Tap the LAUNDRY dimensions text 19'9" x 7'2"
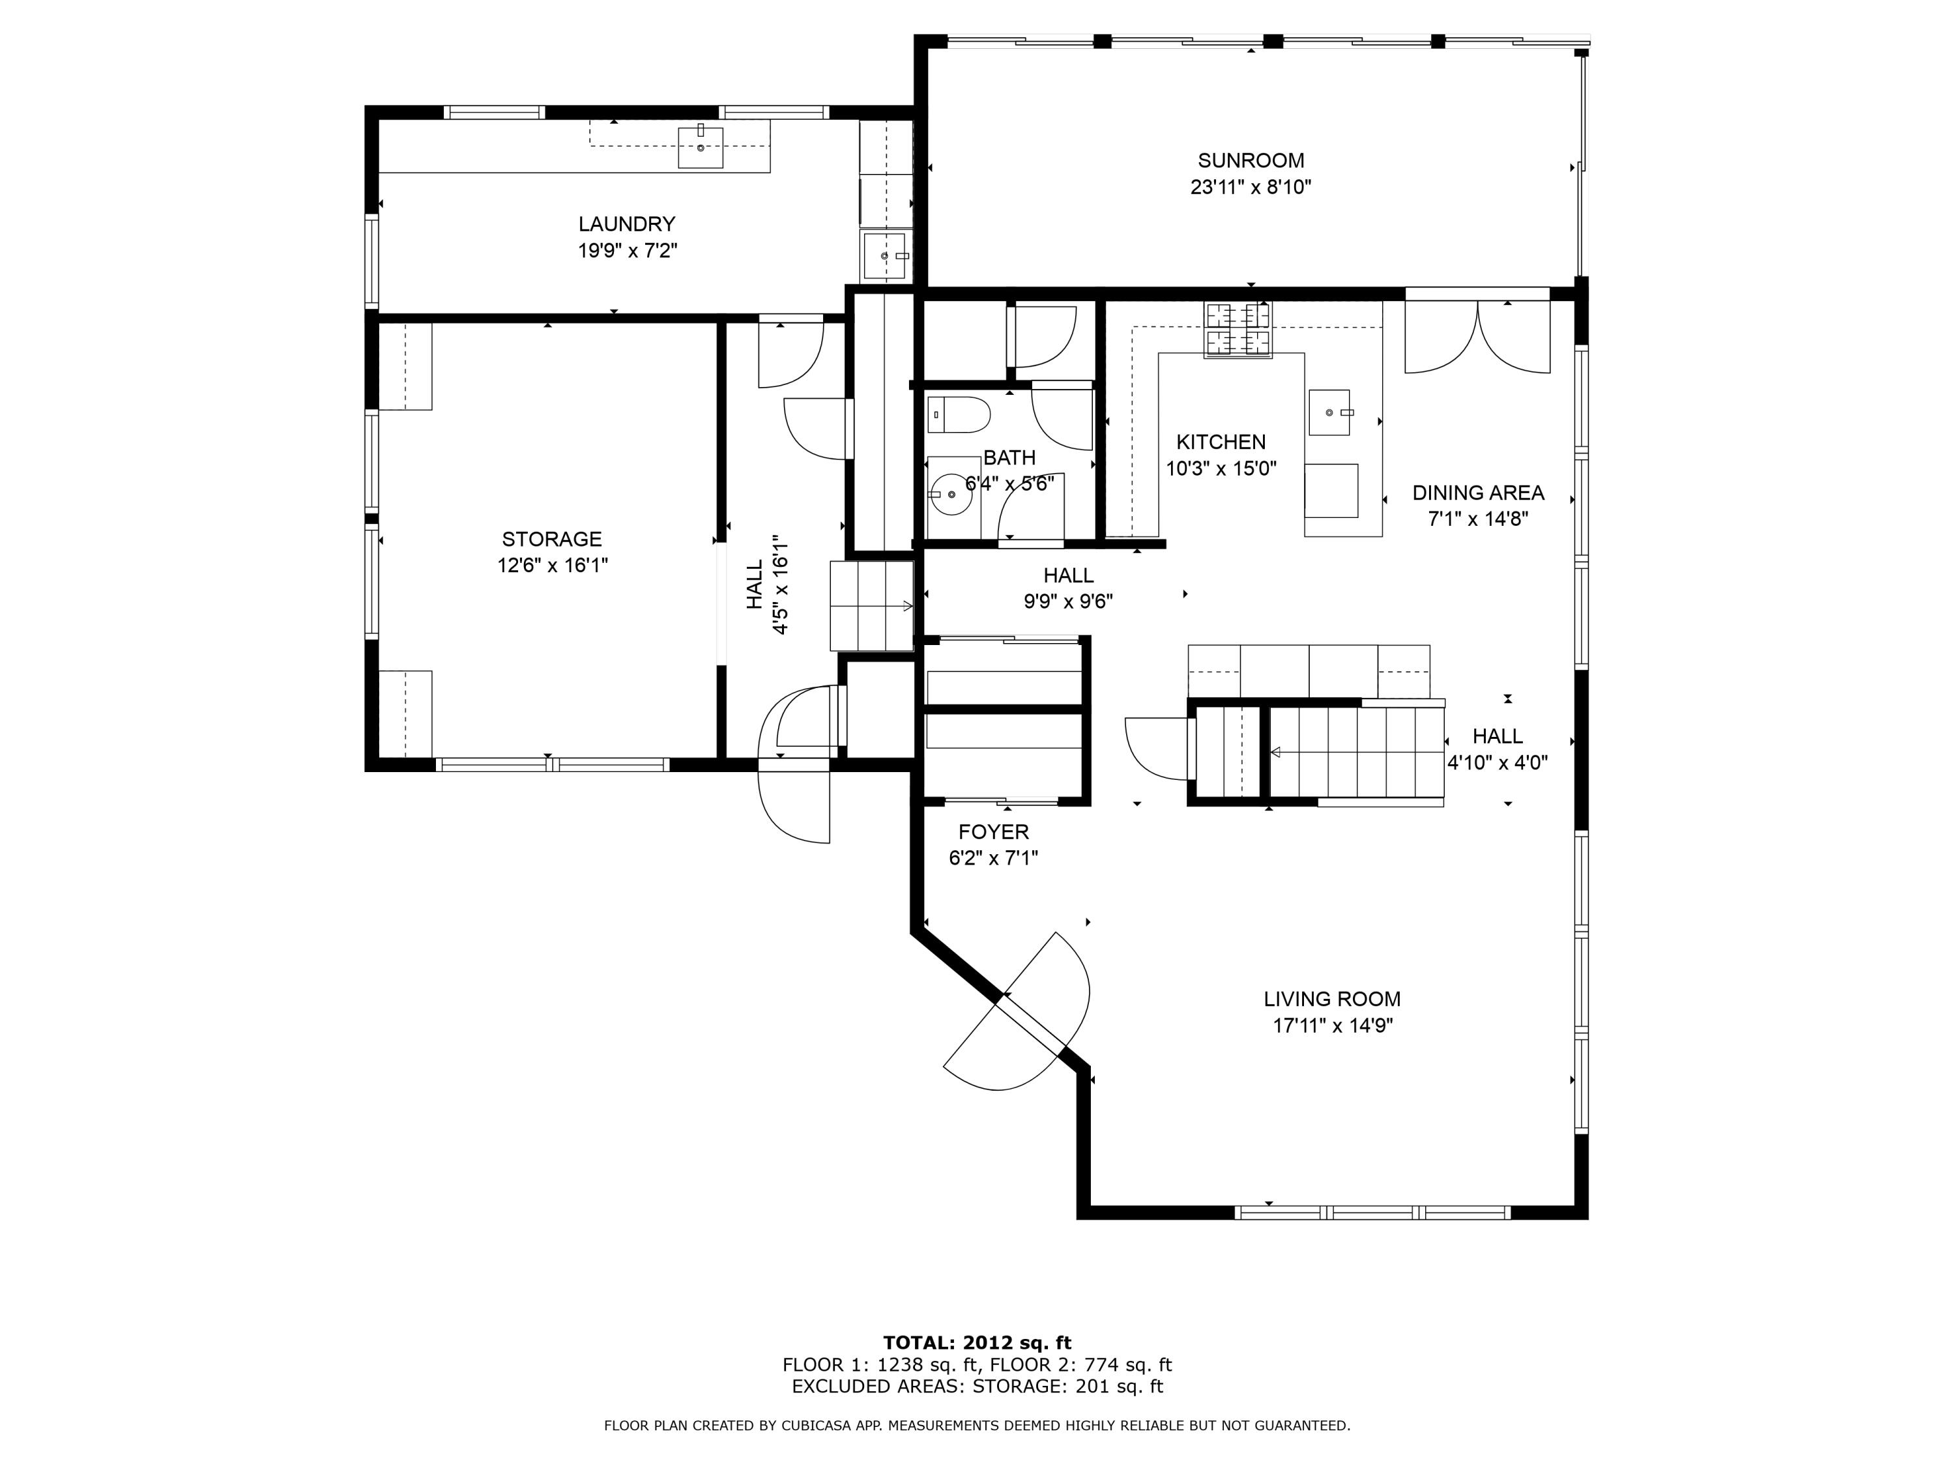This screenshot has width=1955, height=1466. pos(628,251)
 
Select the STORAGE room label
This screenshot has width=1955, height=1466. pos(551,539)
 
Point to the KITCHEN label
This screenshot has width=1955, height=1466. pos(1221,442)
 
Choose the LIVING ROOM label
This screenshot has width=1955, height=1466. pos(1332,999)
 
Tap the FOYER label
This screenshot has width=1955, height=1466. pos(993,831)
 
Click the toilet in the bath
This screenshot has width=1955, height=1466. pos(958,414)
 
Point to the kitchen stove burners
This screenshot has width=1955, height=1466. pos(1238,329)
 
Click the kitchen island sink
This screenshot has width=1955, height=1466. pos(1329,412)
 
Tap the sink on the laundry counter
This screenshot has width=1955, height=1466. pos(700,147)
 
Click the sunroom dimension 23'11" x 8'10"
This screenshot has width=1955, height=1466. pos(1251,188)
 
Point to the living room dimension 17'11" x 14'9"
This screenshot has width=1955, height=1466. pos(1333,1026)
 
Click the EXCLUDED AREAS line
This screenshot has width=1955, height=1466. pos(977,1387)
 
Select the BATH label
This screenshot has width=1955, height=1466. pos(1009,458)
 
